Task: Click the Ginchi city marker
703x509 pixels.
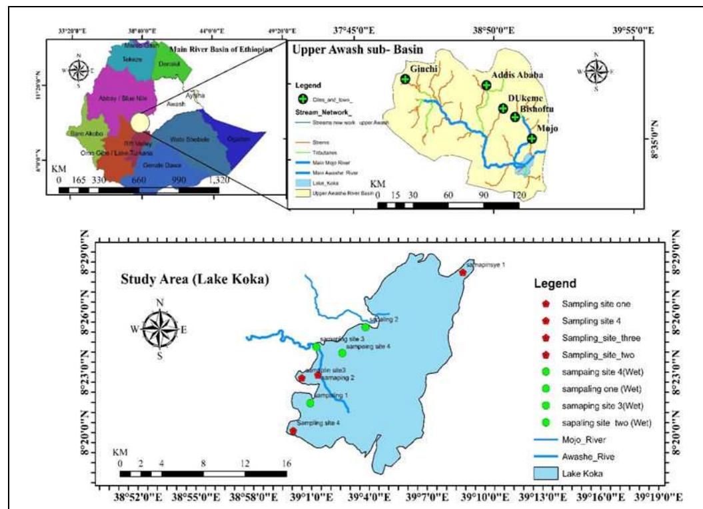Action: click(404, 79)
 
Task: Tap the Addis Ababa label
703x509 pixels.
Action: click(517, 75)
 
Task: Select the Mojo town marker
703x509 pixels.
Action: click(532, 139)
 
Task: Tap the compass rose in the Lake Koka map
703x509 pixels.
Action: click(159, 328)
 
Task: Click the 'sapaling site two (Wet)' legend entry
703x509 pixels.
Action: click(606, 422)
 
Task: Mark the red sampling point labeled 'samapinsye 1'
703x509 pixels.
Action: click(463, 272)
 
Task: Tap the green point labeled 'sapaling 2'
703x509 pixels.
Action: click(365, 327)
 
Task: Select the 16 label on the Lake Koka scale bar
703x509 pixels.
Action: click(286, 463)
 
